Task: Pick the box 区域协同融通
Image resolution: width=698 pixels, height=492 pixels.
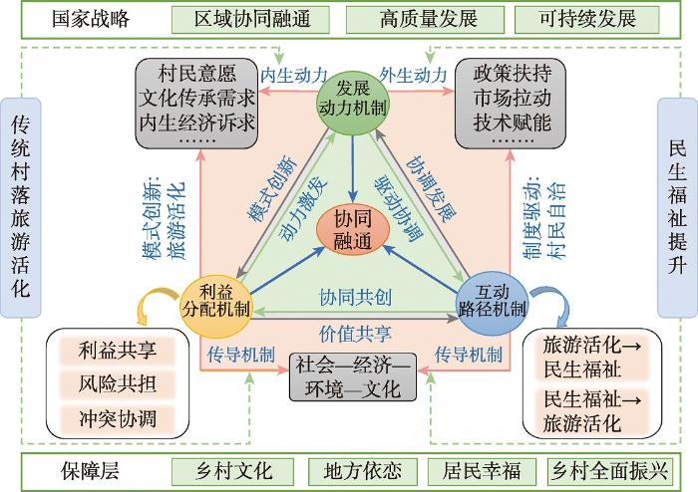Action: [x=253, y=19]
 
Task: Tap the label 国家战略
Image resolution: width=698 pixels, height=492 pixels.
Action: [x=92, y=19]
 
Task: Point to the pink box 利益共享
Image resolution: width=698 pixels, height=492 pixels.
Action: [x=118, y=351]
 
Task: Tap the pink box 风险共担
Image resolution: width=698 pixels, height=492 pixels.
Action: [x=118, y=383]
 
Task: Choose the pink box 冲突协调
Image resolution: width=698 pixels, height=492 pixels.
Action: [x=118, y=417]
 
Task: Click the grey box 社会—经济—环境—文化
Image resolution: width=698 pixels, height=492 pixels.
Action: [x=348, y=376]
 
